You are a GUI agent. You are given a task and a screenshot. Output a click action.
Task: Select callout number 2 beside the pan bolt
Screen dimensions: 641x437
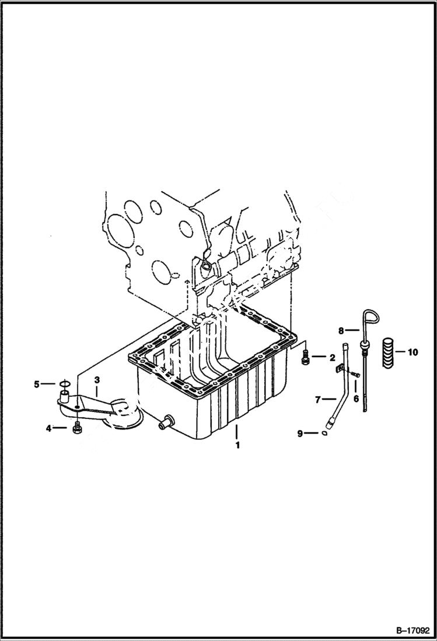331,357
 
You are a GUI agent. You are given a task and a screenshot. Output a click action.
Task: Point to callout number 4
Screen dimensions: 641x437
50,428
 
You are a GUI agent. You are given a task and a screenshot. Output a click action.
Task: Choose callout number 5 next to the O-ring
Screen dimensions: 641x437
36,384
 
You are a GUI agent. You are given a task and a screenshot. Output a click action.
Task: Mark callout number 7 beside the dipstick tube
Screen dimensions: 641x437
318,400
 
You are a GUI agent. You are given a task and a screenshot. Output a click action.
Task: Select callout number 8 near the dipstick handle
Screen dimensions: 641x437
342,331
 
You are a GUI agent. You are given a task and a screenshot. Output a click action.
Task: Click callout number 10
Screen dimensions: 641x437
413,352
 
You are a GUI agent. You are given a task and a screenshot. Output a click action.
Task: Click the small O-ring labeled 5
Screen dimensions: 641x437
64,384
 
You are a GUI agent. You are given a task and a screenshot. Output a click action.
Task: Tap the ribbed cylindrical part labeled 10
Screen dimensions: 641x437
389,353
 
